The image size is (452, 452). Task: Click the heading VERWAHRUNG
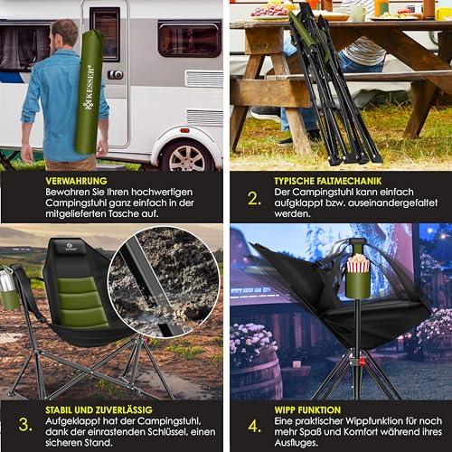click(x=76, y=181)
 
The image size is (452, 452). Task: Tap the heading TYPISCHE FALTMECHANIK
click(x=328, y=181)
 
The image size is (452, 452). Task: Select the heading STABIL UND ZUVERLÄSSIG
click(x=99, y=410)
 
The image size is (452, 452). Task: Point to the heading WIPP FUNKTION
click(x=307, y=410)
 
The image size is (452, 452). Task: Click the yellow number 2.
click(x=254, y=199)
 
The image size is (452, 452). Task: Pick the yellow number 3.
click(x=25, y=425)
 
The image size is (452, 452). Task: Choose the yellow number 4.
click(x=254, y=426)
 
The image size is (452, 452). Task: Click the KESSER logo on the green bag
click(x=89, y=88)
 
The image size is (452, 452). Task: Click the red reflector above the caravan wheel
click(x=184, y=131)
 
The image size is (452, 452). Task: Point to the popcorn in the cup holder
click(x=358, y=263)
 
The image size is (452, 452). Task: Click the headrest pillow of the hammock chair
click(x=71, y=247)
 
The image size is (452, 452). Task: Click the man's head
click(x=63, y=34)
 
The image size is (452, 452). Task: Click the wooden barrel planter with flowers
click(x=255, y=373)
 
